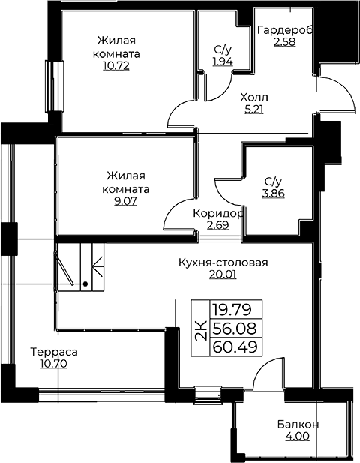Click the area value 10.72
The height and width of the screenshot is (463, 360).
[116, 65]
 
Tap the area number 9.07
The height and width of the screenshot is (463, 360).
[126, 201]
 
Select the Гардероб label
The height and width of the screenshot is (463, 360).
[285, 30]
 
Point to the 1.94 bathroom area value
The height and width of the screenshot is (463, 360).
[223, 62]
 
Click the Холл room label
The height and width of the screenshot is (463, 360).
[254, 97]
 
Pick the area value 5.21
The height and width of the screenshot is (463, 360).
[254, 110]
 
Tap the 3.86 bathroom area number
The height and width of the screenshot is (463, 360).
[274, 193]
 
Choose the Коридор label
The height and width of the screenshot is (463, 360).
[218, 213]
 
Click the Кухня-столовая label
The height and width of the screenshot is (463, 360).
[223, 262]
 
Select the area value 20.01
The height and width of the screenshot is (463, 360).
[223, 275]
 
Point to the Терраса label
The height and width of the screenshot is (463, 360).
[54, 352]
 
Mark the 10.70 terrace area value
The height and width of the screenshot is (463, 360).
[54, 364]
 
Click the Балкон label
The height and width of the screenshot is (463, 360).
[298, 425]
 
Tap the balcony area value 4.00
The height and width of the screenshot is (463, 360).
[298, 436]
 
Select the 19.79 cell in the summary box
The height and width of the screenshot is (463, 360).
[232, 310]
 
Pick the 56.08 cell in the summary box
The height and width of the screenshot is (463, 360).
[235, 329]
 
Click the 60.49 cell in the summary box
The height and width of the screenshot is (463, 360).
[235, 347]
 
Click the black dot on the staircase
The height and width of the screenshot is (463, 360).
[85, 284]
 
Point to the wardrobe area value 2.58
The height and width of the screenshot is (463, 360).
[285, 42]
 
